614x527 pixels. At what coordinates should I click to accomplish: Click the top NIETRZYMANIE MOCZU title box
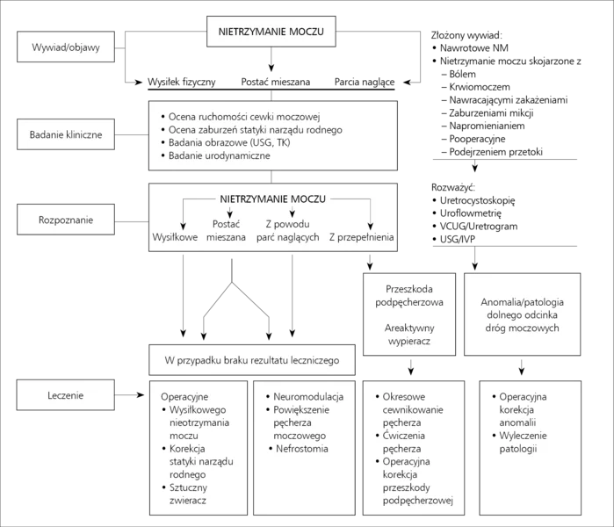271,32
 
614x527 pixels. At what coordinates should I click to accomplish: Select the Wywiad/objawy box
66,47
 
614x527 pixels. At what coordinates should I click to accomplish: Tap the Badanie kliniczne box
66,134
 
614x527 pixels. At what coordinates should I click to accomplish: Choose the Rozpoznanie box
66,220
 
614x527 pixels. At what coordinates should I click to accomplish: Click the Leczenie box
65,394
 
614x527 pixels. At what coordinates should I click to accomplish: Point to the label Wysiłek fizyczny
181,82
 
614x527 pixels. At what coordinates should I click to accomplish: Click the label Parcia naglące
365,82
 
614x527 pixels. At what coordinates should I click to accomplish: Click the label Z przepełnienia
361,237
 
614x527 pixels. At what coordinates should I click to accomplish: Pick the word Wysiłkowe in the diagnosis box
175,237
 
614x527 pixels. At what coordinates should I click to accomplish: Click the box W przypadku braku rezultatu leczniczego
252,360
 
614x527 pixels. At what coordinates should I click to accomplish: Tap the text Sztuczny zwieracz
188,494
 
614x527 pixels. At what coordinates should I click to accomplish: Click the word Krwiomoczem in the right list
480,87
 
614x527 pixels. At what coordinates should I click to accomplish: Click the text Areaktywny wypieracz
409,335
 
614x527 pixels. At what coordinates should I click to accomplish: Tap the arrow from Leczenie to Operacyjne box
130,394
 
